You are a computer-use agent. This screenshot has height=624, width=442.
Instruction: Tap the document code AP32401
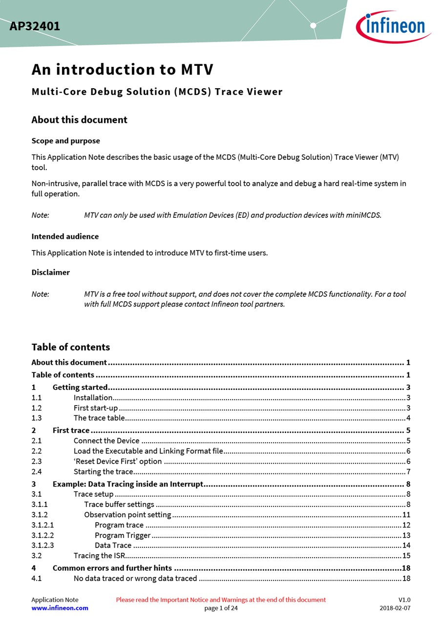(35, 26)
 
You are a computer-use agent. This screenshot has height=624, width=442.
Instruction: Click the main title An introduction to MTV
(122, 70)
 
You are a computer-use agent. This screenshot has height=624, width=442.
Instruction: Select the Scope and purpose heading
(65, 141)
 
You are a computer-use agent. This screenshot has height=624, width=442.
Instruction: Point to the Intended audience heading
(65, 236)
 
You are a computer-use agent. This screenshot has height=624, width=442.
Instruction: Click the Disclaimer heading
(50, 273)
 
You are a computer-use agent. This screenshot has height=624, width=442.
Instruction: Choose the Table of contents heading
(70, 347)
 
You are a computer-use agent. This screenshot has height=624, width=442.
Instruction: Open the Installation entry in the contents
(93, 398)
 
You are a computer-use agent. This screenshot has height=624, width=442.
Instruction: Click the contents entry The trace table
(99, 418)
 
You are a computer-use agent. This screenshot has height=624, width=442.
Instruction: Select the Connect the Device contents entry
(106, 441)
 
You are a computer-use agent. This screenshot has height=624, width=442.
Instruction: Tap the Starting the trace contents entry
(103, 472)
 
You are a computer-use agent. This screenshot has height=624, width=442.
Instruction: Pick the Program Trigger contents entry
(123, 535)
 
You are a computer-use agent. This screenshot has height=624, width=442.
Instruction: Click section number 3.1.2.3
(42, 546)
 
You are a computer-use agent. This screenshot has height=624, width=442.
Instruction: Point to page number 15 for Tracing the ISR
(406, 556)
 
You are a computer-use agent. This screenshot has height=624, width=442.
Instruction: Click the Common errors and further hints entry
(112, 568)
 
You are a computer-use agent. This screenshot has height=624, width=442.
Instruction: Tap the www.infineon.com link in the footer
(60, 608)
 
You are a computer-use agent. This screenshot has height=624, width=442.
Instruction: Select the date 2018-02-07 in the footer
(395, 608)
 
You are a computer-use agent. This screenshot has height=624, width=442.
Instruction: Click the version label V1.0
(404, 600)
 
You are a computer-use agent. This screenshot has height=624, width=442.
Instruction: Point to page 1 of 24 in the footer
(221, 608)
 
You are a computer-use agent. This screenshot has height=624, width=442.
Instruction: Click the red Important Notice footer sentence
(221, 600)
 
